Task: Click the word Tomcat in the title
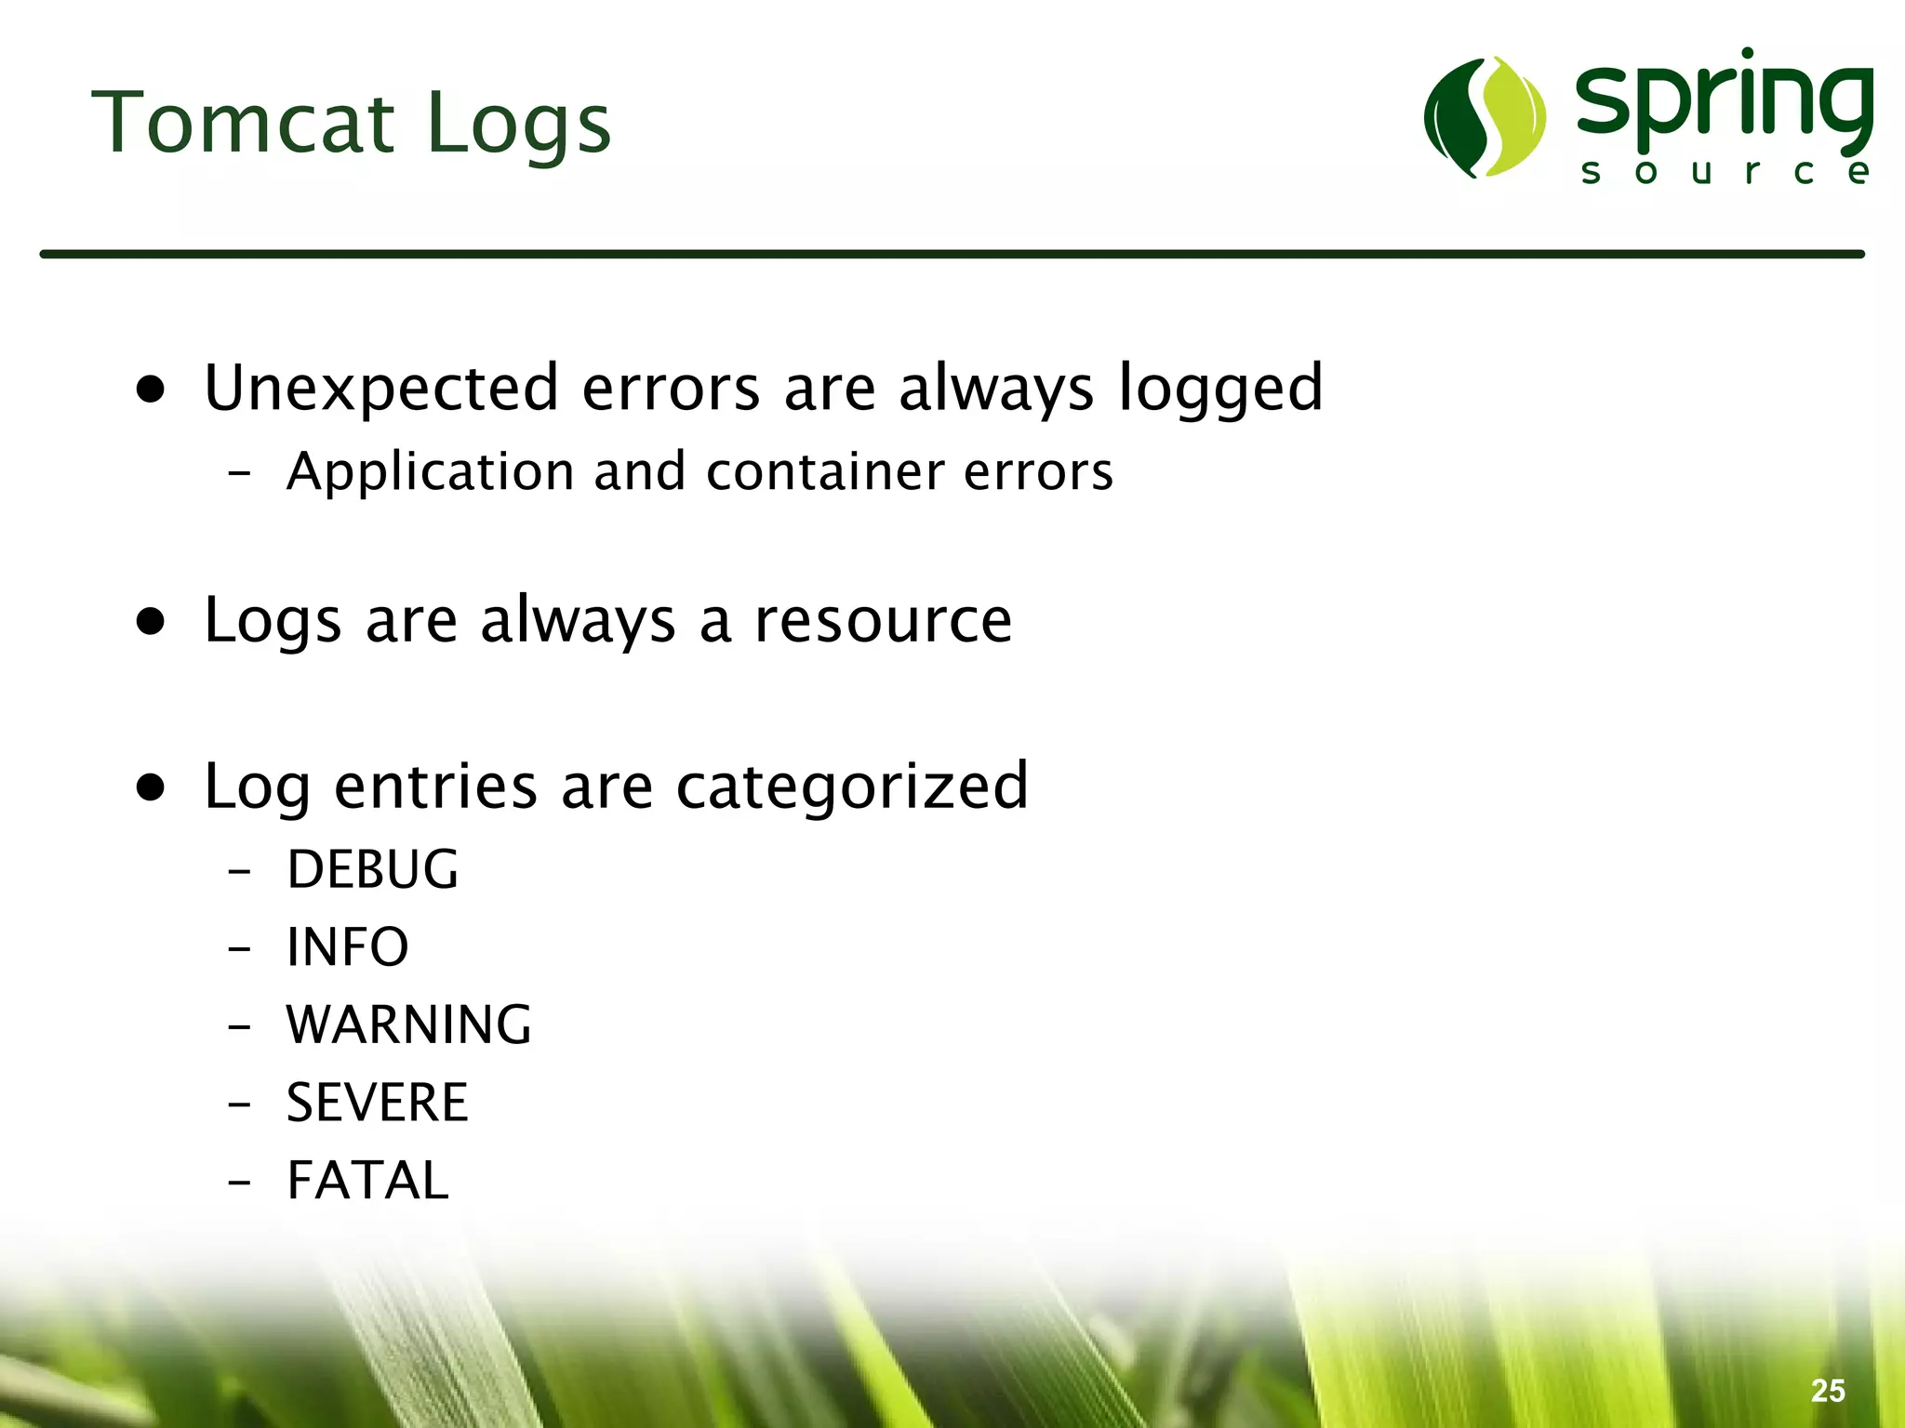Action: tap(244, 124)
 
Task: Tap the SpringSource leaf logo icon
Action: tap(1485, 117)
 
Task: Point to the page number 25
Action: tap(1828, 1391)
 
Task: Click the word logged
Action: tap(1219, 388)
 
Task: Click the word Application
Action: tap(431, 471)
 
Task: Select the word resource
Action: tap(882, 620)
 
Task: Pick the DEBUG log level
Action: tap(372, 870)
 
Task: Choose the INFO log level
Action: tap(347, 947)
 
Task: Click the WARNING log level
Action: tap(408, 1025)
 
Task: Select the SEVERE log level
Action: tap(377, 1103)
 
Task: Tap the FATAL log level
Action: tap(367, 1181)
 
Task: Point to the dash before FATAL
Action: tap(239, 1183)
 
